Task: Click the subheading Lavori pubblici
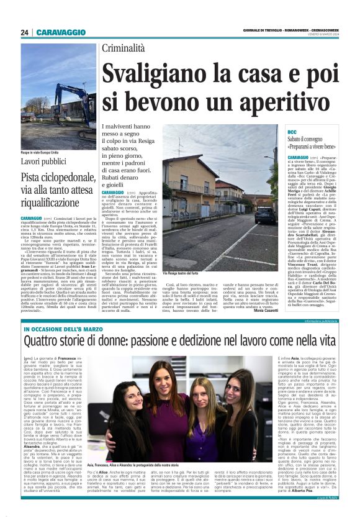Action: coord(45,161)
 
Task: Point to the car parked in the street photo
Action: coord(263,215)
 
